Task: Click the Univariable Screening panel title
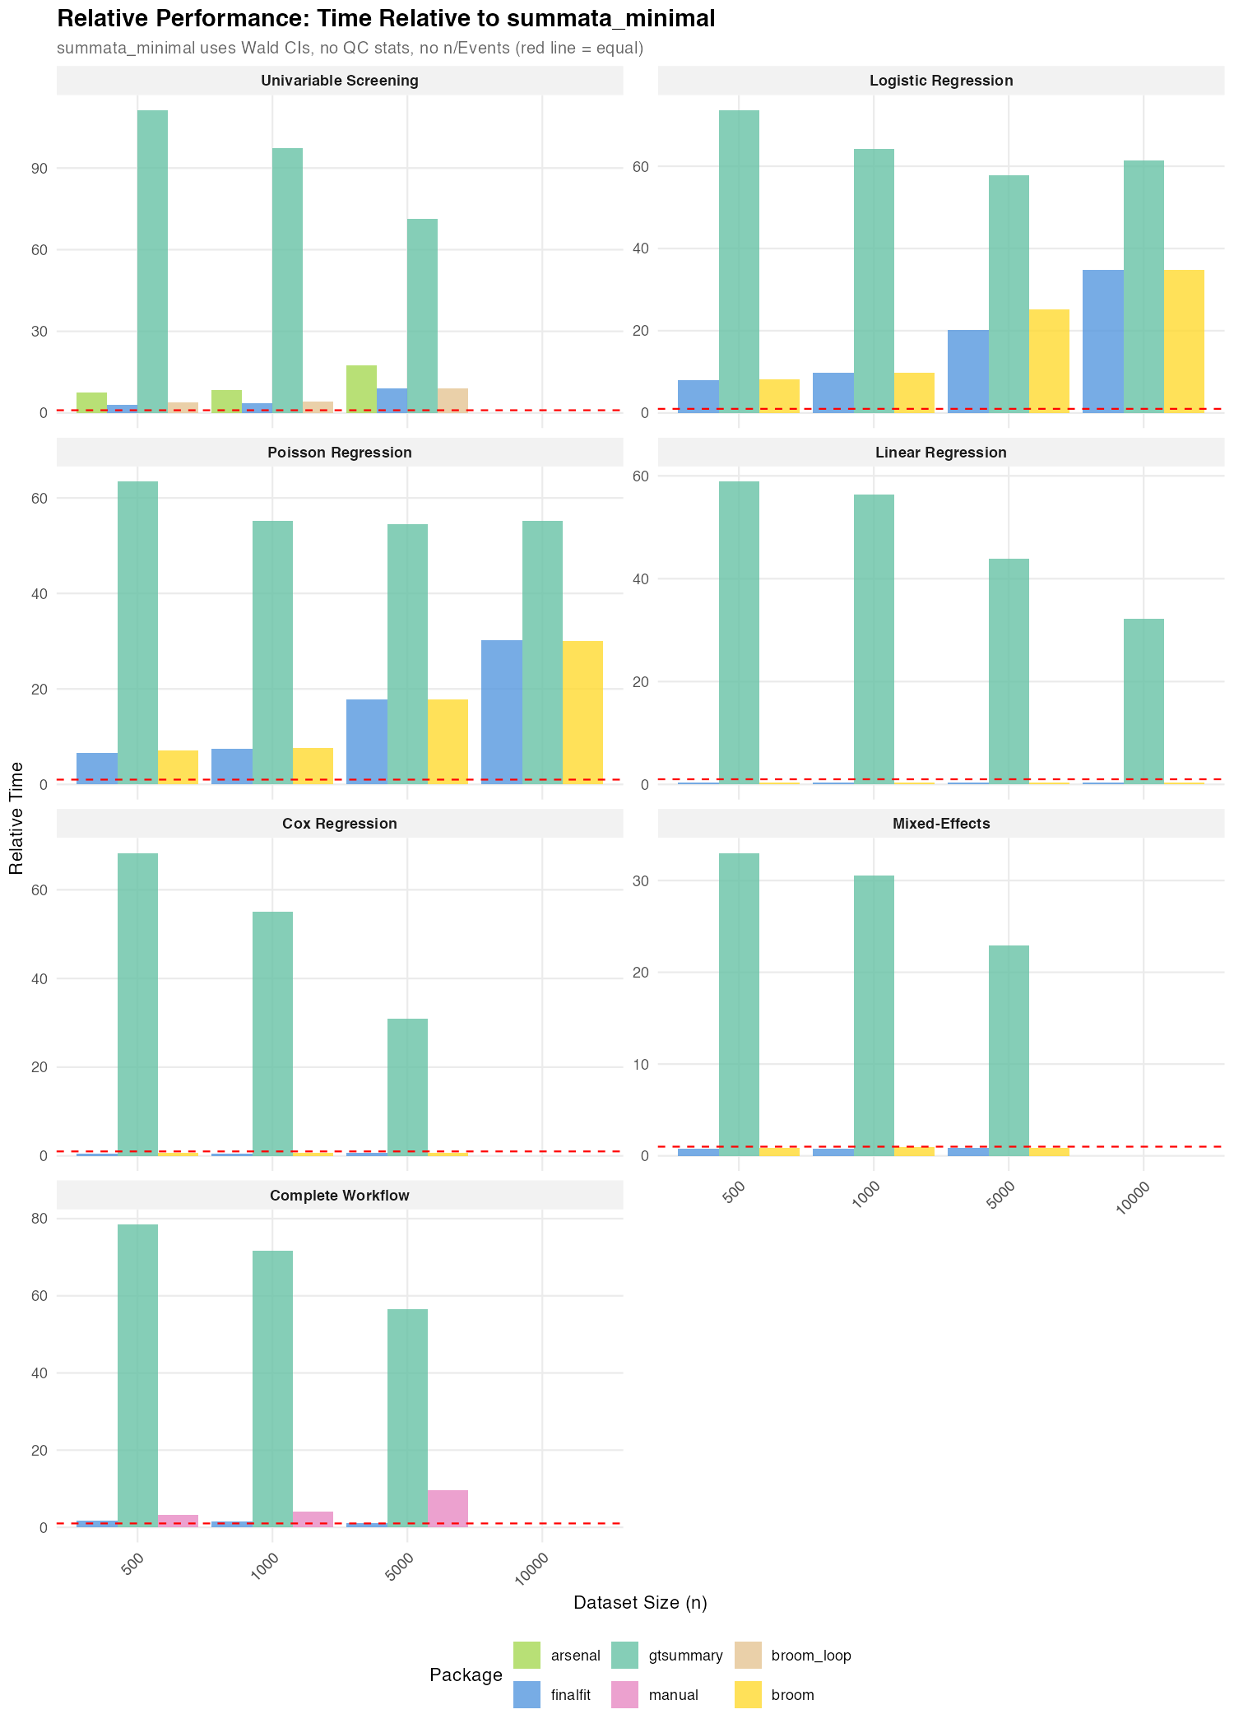339,81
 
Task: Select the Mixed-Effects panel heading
940,824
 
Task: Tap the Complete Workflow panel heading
339,1196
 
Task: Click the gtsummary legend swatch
625,1655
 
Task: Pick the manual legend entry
673,1695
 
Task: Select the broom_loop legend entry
810,1655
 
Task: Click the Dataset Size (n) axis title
640,1603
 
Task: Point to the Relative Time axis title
16,818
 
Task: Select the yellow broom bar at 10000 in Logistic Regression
1184,341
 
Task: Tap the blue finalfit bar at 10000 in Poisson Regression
502,712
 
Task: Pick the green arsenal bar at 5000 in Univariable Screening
361,388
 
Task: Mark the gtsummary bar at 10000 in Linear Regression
1144,701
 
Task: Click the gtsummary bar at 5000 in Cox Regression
407,1087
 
